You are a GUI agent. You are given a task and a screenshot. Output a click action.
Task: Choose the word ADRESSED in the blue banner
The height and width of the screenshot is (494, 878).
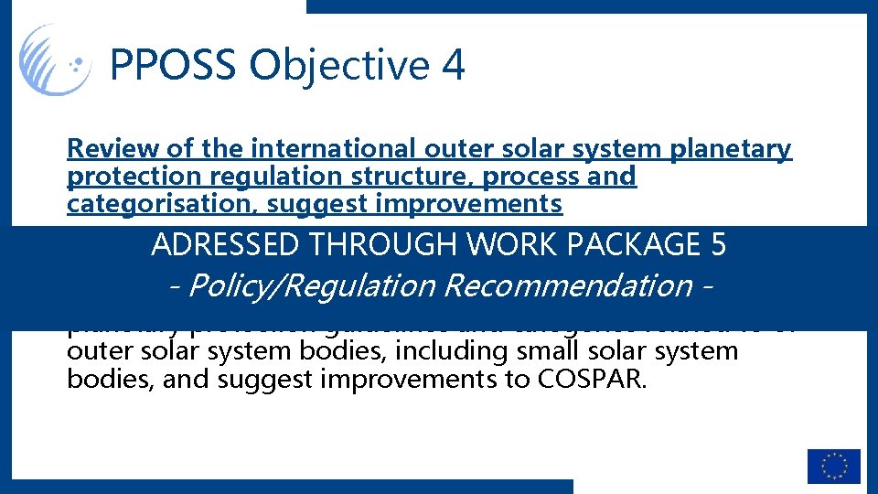pyautogui.click(x=225, y=245)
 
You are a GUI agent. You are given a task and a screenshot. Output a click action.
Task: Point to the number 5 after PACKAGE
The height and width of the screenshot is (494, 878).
pyautogui.click(x=718, y=245)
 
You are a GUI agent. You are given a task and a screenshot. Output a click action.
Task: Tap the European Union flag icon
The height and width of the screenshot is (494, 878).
pyautogui.click(x=833, y=466)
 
